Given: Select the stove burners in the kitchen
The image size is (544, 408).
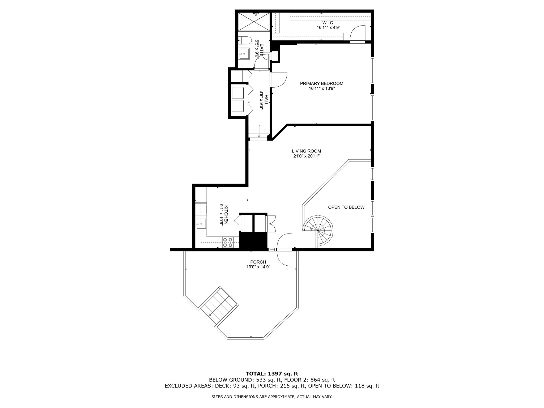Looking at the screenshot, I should (228, 242).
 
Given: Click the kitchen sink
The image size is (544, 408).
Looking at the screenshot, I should (201, 224).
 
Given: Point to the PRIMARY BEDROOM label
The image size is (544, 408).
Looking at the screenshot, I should (321, 83).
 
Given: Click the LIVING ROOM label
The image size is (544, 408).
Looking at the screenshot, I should (306, 151).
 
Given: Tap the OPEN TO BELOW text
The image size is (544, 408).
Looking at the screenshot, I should (346, 207).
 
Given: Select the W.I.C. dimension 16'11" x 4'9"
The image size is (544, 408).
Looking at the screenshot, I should (328, 27).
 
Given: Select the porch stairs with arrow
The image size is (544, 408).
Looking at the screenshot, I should (219, 305).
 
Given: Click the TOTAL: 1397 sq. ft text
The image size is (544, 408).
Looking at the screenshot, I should (272, 374).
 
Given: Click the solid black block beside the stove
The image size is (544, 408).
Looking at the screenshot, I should (253, 240).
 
